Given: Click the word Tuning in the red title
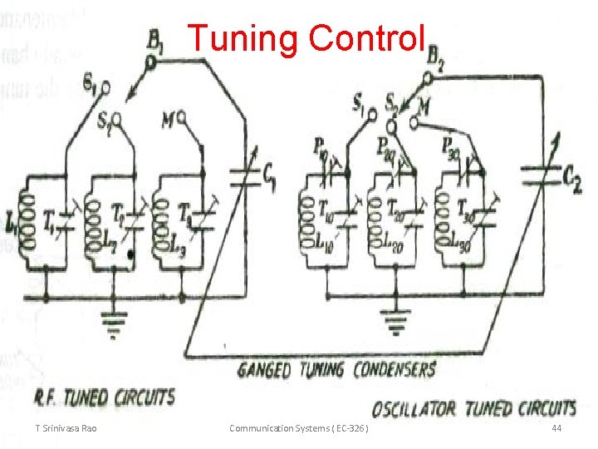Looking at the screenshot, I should tap(241, 39).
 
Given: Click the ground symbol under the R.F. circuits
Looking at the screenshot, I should tap(114, 321).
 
